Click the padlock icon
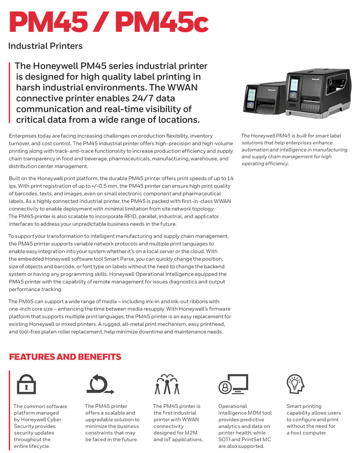click(x=26, y=384)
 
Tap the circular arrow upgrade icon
click(x=99, y=384)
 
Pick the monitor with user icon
click(x=233, y=384)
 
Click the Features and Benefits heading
click(x=65, y=357)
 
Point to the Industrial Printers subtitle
click(x=45, y=46)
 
